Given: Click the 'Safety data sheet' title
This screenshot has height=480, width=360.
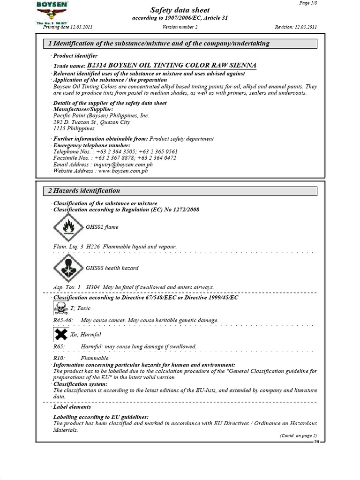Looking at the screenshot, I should (x=180, y=10).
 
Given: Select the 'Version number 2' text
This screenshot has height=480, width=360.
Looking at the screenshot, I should (x=180, y=27).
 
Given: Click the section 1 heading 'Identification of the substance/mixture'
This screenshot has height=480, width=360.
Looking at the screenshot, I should (x=159, y=44).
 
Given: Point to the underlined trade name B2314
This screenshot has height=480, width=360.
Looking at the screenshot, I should (x=172, y=66).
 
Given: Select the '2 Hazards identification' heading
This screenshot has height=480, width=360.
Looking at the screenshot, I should (x=84, y=191).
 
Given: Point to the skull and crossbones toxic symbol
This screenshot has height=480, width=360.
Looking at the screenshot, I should (x=60, y=308).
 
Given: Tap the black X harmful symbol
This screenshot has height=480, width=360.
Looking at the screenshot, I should (x=60, y=334).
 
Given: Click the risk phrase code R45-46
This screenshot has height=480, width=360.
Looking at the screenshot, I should (x=63, y=320).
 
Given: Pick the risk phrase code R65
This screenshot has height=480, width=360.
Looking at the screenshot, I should (x=59, y=346).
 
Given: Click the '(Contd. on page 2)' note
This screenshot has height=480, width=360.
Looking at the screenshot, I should (x=298, y=435).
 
